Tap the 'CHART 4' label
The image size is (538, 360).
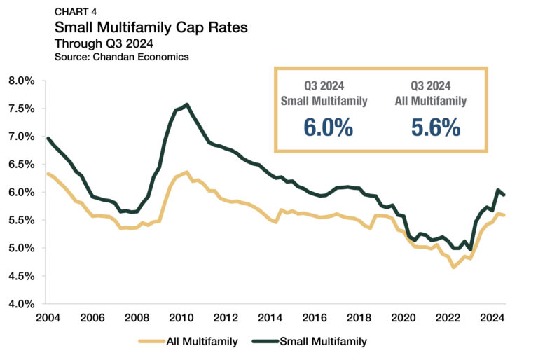click(75, 11)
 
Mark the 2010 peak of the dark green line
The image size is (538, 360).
click(186, 105)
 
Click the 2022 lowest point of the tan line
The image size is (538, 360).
click(454, 267)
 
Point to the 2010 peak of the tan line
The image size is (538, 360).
click(186, 172)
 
